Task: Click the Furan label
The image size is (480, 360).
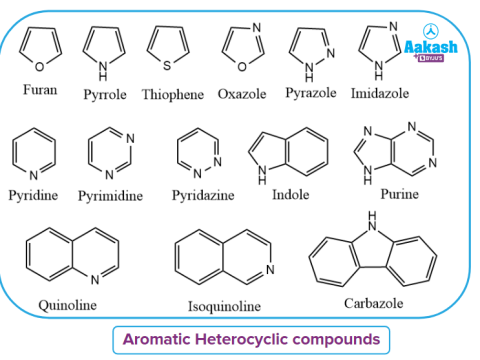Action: tap(40, 90)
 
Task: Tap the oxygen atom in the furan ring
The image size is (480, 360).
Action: tap(41, 67)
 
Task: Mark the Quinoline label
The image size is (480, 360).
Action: tap(68, 304)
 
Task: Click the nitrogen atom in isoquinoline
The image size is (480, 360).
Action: tap(269, 271)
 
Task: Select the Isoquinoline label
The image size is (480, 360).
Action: tap(224, 305)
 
